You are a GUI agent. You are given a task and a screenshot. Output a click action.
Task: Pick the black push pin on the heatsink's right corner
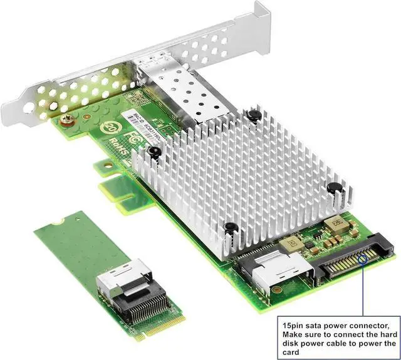click(335, 186)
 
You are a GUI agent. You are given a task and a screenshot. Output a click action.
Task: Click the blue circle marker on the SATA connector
click(363, 258)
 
